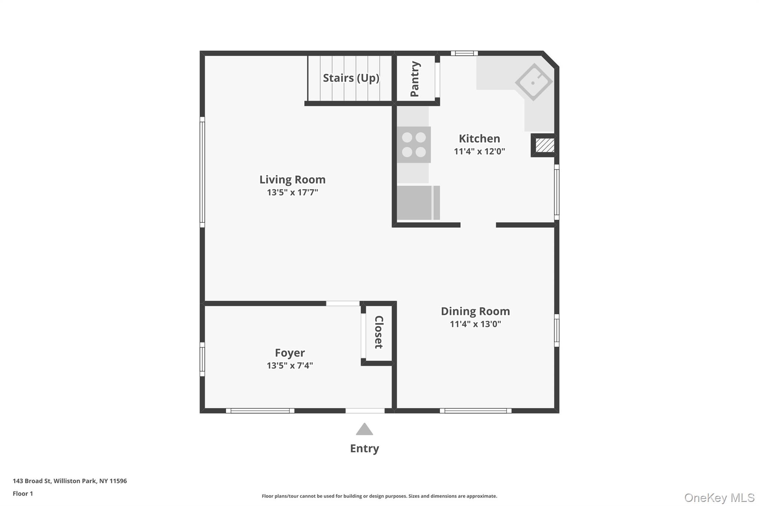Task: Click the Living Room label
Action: tap(292, 180)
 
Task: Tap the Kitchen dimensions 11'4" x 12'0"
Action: tap(479, 151)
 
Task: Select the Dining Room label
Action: tap(475, 311)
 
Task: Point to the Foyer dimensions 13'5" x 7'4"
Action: tap(290, 366)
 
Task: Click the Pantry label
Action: tap(415, 79)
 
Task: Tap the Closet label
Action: tap(378, 332)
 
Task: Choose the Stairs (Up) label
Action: tap(351, 78)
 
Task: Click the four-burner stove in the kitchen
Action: tap(414, 145)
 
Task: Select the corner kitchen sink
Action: tap(534, 82)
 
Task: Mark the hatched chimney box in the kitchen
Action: tap(545, 145)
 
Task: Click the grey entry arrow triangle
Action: tap(364, 429)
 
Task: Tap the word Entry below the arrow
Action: tap(364, 449)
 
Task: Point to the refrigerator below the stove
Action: tap(418, 203)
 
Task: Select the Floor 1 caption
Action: tap(23, 493)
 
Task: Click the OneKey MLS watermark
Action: tap(719, 497)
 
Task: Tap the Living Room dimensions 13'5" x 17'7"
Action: tap(292, 192)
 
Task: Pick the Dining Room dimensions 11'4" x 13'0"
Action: tap(475, 324)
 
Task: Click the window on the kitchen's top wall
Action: tap(464, 53)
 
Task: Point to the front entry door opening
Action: tap(365, 411)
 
